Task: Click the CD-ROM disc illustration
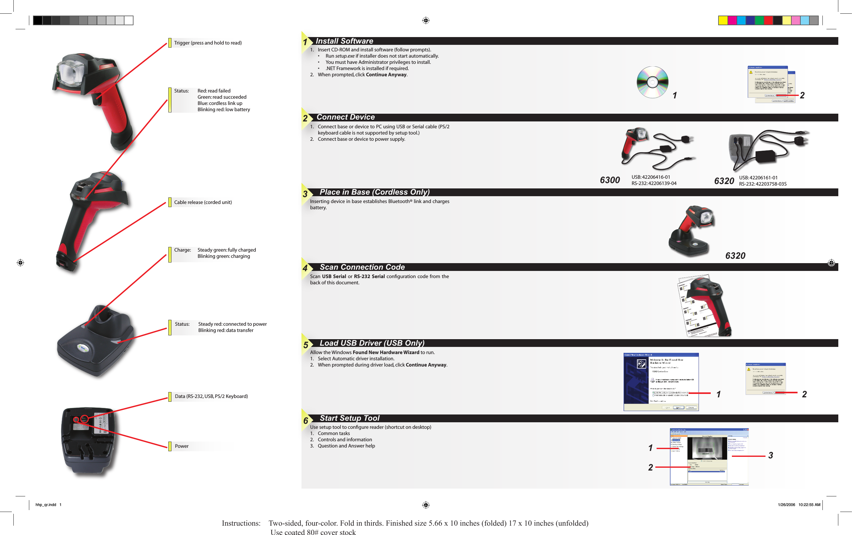652,82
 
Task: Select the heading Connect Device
345,117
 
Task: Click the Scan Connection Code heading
362,267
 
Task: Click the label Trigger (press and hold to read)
208,43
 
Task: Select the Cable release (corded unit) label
203,202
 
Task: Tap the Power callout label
181,446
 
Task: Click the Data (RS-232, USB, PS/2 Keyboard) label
211,396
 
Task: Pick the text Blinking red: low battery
223,110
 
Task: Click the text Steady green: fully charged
227,250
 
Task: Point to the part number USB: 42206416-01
650,177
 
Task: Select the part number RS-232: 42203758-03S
763,184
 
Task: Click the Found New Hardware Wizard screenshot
661,382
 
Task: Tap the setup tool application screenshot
709,457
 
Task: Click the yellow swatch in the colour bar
723,21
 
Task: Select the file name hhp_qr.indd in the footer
46,504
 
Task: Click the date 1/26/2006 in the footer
786,504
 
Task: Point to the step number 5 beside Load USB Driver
306,345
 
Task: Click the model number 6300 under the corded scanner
610,180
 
